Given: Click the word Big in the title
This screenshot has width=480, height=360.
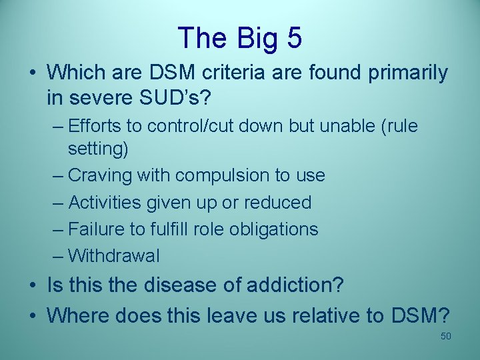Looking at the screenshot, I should pyautogui.click(x=252, y=38).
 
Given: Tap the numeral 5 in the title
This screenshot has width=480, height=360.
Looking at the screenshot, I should pyautogui.click(x=293, y=38).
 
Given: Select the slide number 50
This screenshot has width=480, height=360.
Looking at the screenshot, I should pyautogui.click(x=446, y=336).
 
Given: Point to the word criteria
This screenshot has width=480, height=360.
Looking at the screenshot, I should pyautogui.click(x=235, y=73).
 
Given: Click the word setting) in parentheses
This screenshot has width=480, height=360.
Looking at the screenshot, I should pyautogui.click(x=98, y=149).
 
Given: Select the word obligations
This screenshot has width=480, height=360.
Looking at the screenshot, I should pyautogui.click(x=273, y=229).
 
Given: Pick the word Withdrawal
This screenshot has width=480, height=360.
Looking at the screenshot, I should pyautogui.click(x=114, y=255).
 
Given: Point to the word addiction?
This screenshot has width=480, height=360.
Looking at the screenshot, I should pyautogui.click(x=295, y=285).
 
